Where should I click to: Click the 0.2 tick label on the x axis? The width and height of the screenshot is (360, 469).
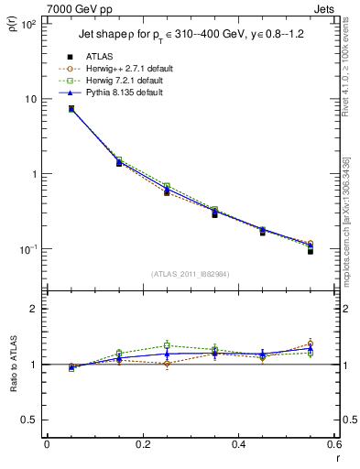142,447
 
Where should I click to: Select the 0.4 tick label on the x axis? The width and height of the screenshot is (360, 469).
237,447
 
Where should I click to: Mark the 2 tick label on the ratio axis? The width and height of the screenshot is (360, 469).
32,310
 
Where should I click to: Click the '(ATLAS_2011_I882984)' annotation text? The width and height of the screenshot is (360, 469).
190,273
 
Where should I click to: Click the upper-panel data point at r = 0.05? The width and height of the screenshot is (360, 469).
71,109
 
